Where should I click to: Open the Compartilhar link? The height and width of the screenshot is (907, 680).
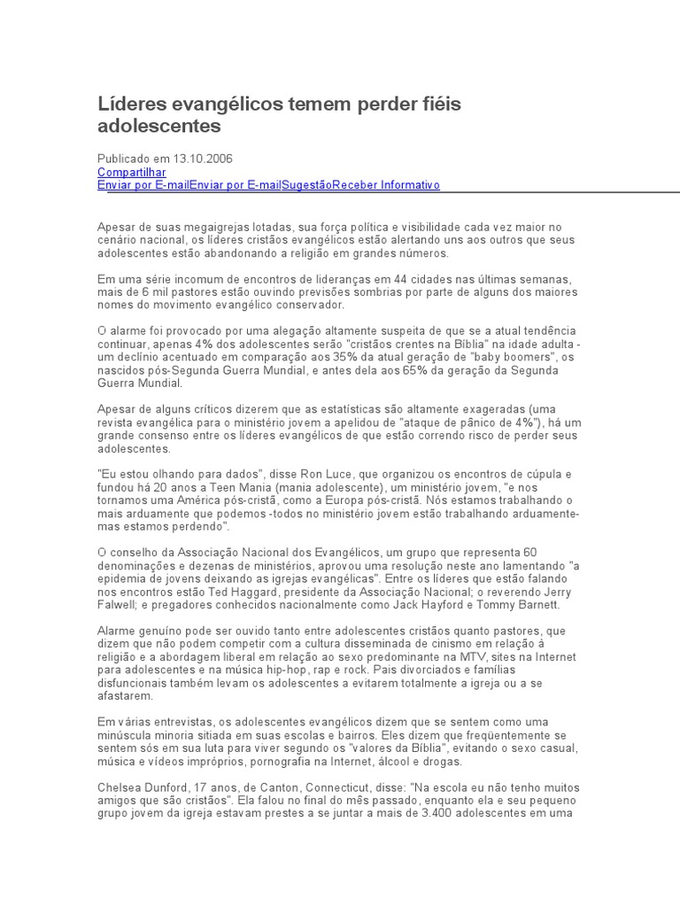coord(131,171)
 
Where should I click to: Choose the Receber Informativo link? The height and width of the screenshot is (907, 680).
coord(386,184)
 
